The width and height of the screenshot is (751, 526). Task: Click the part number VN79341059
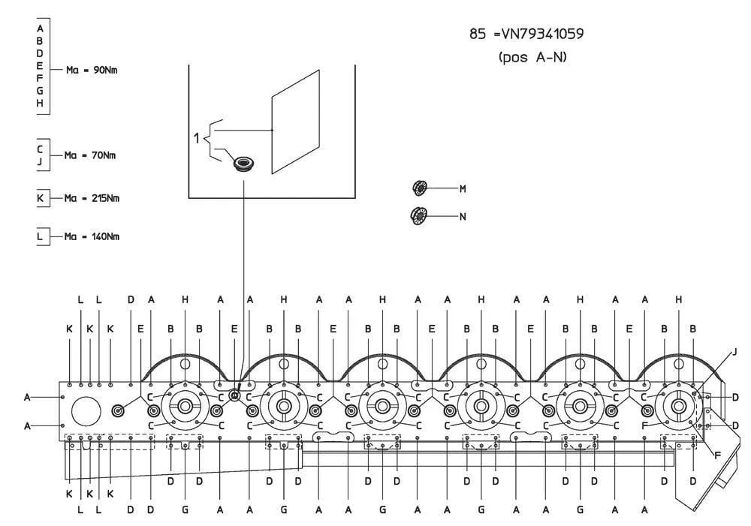(x=542, y=34)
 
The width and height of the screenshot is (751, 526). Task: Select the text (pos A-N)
(x=532, y=58)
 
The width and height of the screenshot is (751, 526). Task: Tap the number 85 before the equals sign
(x=478, y=34)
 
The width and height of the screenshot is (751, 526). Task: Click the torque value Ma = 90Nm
(x=92, y=70)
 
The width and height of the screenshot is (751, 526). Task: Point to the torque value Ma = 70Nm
(x=90, y=155)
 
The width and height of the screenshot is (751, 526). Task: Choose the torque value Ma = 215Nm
(x=92, y=198)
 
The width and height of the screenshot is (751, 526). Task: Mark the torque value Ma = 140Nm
(x=92, y=236)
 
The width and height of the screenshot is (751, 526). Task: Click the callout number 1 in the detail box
(x=196, y=138)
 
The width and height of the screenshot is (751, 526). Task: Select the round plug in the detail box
(x=244, y=164)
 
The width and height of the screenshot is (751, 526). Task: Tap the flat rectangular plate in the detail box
(x=295, y=122)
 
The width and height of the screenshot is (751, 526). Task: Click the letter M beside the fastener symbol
(x=463, y=189)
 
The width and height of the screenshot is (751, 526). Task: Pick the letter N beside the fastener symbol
(x=463, y=217)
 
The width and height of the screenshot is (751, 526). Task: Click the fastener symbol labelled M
(x=420, y=188)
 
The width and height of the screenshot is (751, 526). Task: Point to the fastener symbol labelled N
(x=419, y=216)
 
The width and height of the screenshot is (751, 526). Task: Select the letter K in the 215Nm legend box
(x=41, y=197)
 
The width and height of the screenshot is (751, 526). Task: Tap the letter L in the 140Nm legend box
(x=40, y=236)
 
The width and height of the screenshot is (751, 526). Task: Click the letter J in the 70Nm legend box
(x=40, y=162)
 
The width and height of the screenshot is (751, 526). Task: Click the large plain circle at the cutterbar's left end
(x=86, y=411)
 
